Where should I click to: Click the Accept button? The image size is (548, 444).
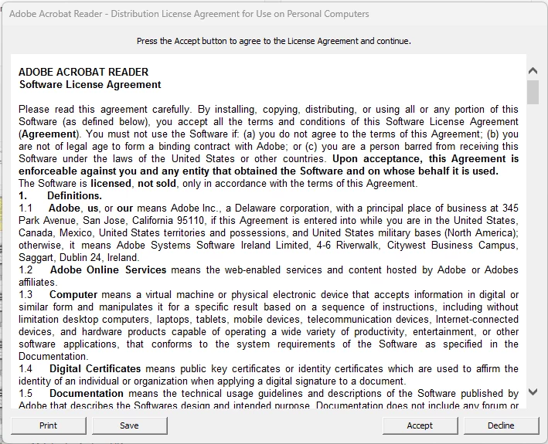tap(420, 425)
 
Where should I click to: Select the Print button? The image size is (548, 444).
tap(48, 425)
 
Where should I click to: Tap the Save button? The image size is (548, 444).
tap(129, 425)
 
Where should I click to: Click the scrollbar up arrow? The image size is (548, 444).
tap(533, 71)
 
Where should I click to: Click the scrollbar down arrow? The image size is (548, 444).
tap(533, 392)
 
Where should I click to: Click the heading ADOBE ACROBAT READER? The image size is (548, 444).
tap(83, 72)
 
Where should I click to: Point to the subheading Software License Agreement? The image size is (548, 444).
tap(90, 84)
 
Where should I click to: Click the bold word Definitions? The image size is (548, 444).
tap(74, 196)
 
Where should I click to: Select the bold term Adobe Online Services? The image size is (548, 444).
tap(108, 270)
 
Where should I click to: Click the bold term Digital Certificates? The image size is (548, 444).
tap(95, 369)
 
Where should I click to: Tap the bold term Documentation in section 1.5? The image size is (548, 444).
tap(87, 394)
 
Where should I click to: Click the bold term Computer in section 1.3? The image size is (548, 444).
tap(73, 295)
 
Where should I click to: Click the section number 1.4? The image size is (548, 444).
tap(26, 369)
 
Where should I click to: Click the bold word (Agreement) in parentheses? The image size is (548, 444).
tap(47, 134)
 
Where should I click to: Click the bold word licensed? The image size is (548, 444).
tap(111, 184)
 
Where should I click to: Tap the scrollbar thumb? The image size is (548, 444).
tap(533, 92)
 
